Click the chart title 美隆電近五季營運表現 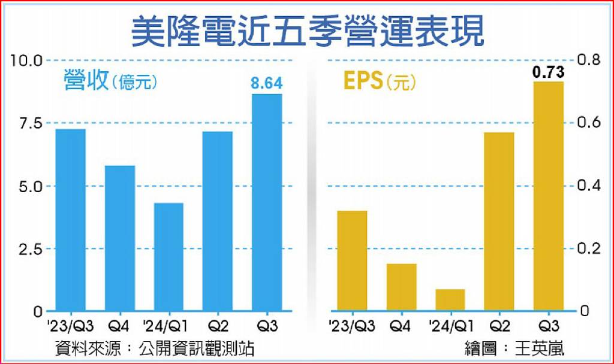(308, 31)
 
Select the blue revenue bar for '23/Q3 (71, 220)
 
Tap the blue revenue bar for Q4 (120, 238)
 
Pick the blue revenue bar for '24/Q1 (168, 257)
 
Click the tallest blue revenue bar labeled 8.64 (267, 202)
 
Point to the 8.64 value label (267, 83)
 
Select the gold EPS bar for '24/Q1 (450, 301)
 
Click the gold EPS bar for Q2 (499, 222)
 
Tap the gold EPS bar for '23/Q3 (353, 261)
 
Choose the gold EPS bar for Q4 (401, 287)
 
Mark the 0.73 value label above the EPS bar (548, 72)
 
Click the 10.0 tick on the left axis (26, 60)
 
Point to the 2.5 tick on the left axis (31, 249)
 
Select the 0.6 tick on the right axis (589, 123)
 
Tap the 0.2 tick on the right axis (589, 248)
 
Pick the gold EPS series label (363, 81)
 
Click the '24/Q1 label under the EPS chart (451, 326)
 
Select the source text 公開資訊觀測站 (197, 348)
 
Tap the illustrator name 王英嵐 (540, 348)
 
